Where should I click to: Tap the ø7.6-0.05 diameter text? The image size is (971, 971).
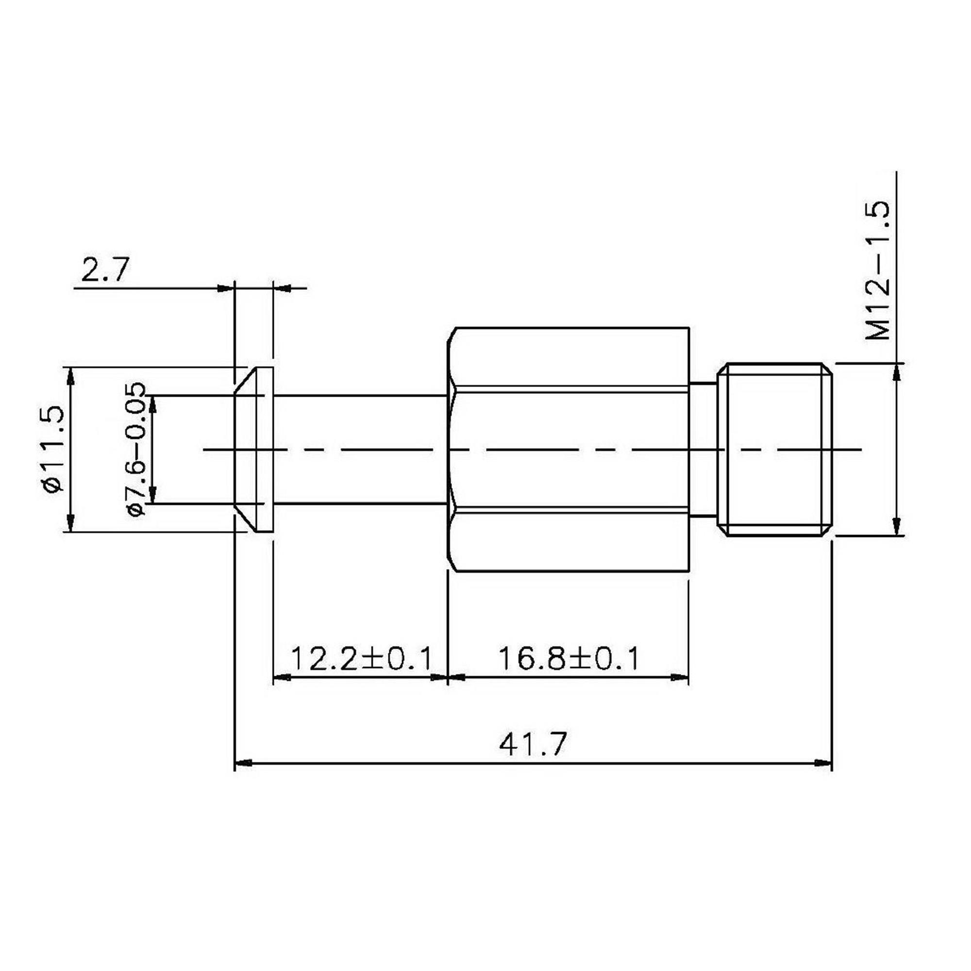[x=136, y=449]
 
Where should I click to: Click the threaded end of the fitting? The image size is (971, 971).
[x=774, y=449]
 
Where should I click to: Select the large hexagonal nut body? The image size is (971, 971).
[x=568, y=449]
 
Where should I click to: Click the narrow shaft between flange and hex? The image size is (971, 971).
[x=360, y=449]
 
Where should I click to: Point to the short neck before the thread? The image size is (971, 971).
[x=703, y=449]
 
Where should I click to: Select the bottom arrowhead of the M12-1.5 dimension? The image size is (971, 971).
[x=895, y=528]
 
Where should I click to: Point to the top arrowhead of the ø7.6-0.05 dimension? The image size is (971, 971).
[x=154, y=403]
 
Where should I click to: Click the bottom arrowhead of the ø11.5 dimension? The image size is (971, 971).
[x=71, y=523]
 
